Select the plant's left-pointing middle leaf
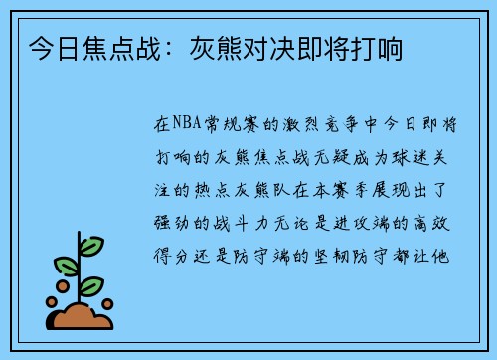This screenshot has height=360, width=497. tap(67, 266)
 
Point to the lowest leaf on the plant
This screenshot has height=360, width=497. tap(91, 286)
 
